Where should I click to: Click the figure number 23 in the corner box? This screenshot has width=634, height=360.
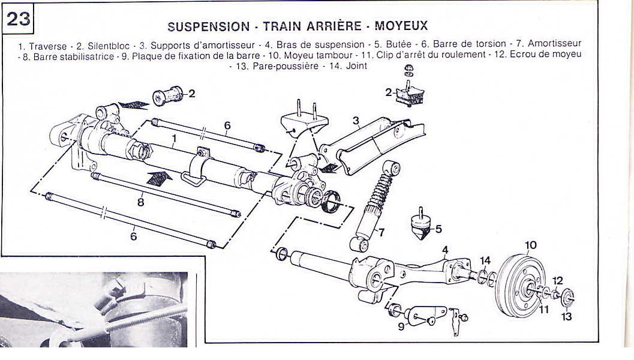19,19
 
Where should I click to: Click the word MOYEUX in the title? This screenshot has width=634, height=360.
401,26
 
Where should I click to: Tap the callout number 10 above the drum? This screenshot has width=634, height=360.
530,245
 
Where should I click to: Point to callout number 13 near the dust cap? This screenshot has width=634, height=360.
566,316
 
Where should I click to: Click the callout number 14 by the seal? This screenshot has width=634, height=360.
485,260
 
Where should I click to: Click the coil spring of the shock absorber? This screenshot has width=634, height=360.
380,190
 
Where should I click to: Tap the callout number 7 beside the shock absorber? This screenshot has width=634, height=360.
381,232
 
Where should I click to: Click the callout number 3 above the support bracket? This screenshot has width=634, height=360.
356,121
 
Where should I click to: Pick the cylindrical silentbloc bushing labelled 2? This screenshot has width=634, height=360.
167,96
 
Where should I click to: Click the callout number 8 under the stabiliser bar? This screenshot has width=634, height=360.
141,202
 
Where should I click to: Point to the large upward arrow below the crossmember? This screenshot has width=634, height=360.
159,179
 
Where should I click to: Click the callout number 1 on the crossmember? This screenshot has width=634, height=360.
174,139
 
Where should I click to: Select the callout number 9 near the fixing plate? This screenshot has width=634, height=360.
401,326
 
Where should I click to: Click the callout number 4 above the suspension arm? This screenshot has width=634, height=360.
445,250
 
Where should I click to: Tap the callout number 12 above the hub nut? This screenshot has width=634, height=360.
558,281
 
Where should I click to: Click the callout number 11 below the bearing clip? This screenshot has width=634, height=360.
544,310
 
